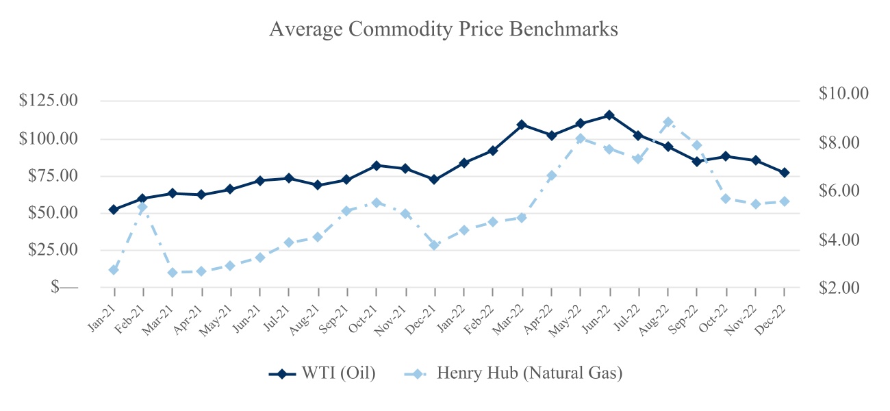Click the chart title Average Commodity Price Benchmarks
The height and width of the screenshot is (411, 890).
pyautogui.click(x=444, y=29)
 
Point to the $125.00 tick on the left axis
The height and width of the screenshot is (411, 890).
pyautogui.click(x=49, y=101)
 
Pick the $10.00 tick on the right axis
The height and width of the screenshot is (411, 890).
pyautogui.click(x=843, y=93)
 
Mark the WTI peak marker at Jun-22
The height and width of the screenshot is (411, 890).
pyautogui.click(x=609, y=115)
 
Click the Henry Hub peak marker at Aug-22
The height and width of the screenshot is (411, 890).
pyautogui.click(x=668, y=123)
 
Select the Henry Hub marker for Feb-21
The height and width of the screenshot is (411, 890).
pyautogui.click(x=142, y=207)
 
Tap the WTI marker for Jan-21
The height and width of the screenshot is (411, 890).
pyautogui.click(x=114, y=210)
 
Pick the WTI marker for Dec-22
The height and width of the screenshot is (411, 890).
pyautogui.click(x=785, y=173)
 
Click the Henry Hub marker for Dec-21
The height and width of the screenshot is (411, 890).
pyautogui.click(x=434, y=245)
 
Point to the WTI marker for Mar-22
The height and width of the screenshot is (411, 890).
pyautogui.click(x=522, y=125)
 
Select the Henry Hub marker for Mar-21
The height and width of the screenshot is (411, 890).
pyautogui.click(x=172, y=273)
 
